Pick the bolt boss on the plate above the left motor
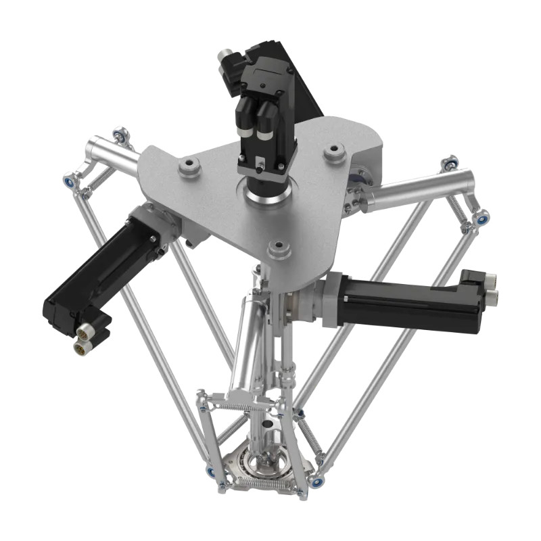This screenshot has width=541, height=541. pos(189,165)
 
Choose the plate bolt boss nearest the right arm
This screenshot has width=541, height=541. pos(335,154)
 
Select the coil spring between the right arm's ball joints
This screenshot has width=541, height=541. pos(461,206)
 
